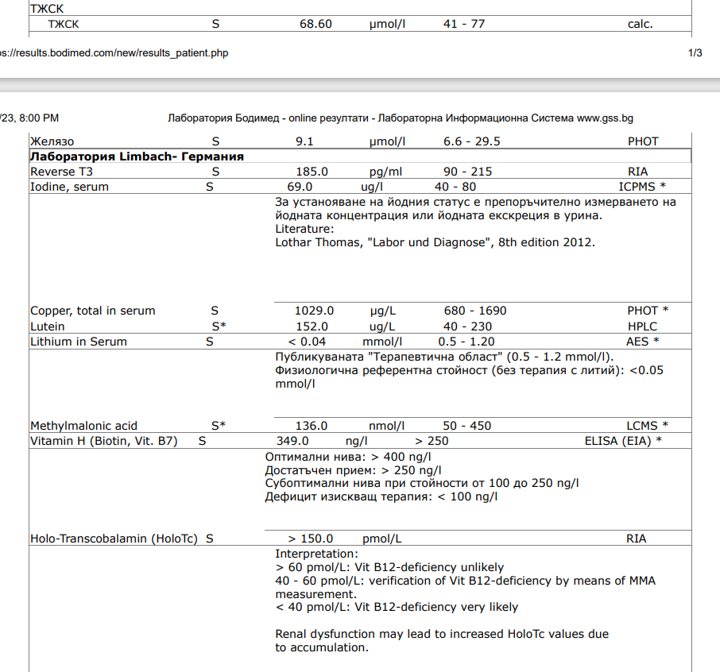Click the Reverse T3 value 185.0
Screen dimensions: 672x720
312,172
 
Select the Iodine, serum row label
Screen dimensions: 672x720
69,187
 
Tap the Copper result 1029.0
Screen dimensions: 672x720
314,311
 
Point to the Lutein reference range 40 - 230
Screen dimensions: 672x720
467,326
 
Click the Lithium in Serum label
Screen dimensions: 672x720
78,342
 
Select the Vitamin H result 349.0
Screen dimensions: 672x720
292,440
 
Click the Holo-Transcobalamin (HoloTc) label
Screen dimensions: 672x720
114,539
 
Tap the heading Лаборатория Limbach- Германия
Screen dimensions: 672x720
137,156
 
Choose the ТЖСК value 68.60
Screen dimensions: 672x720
315,24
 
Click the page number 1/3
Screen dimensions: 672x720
695,53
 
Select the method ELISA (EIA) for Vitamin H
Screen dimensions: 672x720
617,440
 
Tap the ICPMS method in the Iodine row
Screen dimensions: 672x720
637,187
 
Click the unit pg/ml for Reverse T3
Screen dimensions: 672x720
387,172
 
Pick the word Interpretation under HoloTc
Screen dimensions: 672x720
315,553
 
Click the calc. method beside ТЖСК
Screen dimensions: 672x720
640,24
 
